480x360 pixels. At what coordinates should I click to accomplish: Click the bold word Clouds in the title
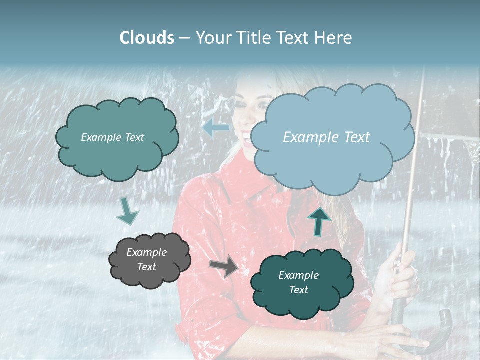[x=147, y=38]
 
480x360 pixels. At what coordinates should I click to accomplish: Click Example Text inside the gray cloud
[x=147, y=259]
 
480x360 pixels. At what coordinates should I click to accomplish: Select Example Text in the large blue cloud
[x=326, y=137]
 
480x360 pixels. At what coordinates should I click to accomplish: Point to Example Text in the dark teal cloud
[x=298, y=282]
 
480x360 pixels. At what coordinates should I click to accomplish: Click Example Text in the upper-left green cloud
[x=112, y=137]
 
